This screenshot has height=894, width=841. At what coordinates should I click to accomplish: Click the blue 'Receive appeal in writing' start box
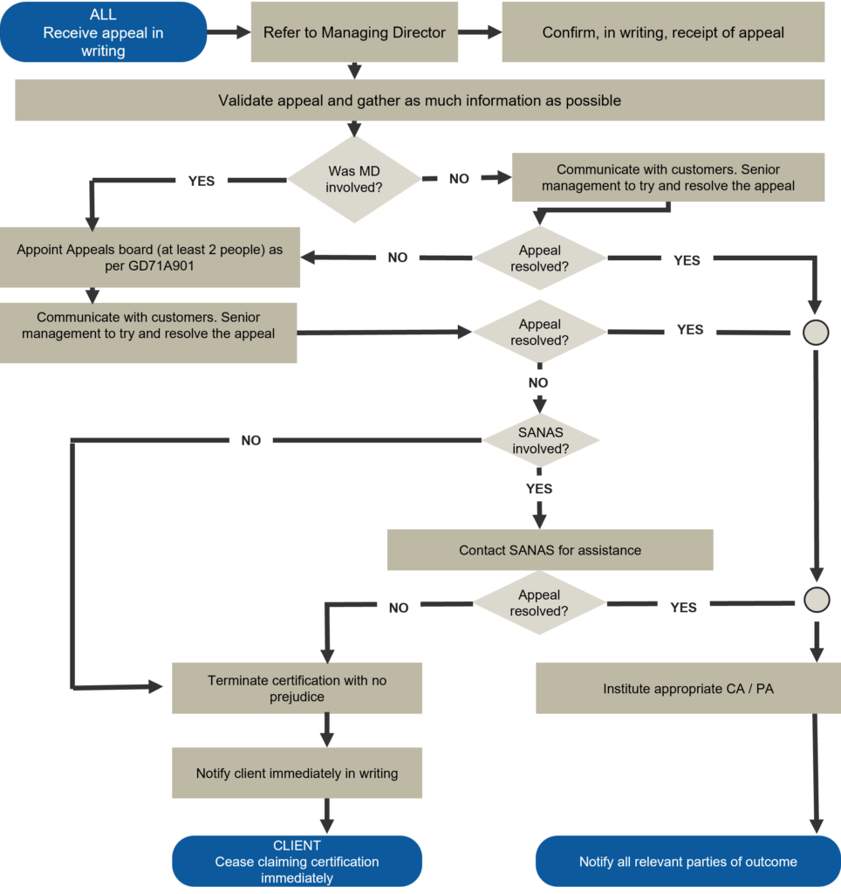(x=103, y=32)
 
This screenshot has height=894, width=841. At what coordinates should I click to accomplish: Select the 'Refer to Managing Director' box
(x=354, y=32)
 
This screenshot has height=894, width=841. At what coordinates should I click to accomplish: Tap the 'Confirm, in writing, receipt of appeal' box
(x=663, y=32)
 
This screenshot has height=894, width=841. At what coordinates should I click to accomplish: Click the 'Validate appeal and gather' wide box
(x=420, y=100)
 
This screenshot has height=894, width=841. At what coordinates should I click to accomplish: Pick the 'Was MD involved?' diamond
(x=354, y=179)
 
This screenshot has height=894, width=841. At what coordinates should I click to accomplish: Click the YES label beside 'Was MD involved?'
(x=202, y=182)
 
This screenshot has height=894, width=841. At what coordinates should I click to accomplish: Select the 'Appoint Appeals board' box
(x=150, y=258)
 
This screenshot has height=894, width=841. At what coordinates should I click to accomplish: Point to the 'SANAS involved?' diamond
(x=540, y=441)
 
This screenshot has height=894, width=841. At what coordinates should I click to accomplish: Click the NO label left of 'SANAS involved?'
(x=251, y=441)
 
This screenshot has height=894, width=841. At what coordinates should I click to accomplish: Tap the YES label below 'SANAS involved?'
(x=539, y=489)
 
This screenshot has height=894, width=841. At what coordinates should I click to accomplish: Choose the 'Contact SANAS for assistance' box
(x=550, y=550)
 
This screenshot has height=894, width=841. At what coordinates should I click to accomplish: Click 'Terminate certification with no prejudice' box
(x=297, y=688)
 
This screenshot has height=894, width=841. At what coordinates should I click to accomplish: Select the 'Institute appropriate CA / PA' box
(x=687, y=688)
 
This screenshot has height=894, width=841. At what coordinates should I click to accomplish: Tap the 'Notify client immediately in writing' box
(x=297, y=773)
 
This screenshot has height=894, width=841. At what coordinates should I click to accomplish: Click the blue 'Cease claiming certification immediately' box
(x=297, y=862)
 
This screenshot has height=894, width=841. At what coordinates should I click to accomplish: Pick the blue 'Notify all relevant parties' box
(x=687, y=862)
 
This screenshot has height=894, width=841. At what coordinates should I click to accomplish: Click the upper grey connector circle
(x=816, y=333)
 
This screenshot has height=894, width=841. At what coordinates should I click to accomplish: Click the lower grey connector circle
(x=816, y=600)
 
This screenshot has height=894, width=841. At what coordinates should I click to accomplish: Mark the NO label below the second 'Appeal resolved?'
(x=538, y=382)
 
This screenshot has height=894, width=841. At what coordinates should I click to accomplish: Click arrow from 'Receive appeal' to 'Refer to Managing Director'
(x=229, y=32)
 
